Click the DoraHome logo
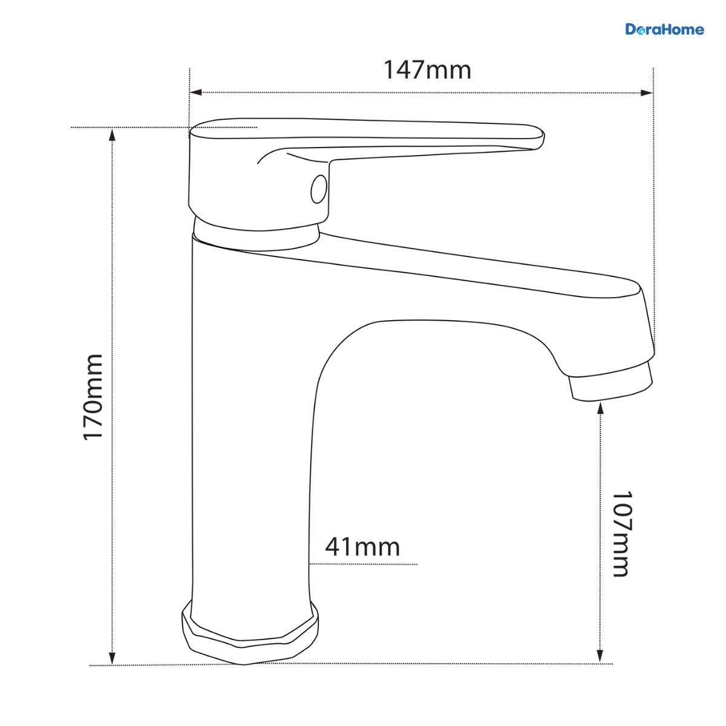[x=664, y=30]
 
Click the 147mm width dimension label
[x=427, y=70]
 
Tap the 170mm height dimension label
[x=93, y=397]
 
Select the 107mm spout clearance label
[x=621, y=534]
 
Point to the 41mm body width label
[x=362, y=547]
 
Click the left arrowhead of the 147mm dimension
[x=196, y=93]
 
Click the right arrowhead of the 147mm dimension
[x=647, y=93]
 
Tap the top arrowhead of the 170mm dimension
[x=112, y=135]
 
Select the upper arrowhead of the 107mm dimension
[x=601, y=408]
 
